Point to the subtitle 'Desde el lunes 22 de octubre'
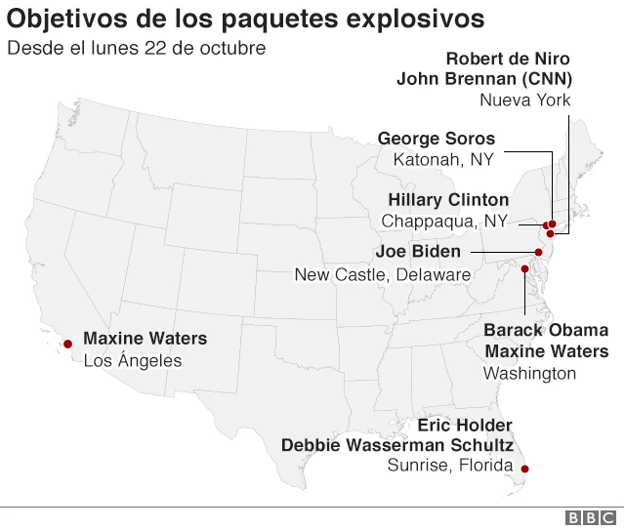click(136, 48)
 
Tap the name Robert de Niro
click(508, 59)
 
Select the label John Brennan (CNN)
click(484, 79)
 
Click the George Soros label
click(437, 139)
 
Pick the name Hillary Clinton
click(448, 199)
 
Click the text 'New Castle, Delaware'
click(383, 274)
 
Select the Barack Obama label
click(546, 330)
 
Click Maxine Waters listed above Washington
click(547, 351)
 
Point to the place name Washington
click(530, 373)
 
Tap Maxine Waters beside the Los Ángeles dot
click(145, 339)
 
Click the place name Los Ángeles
click(133, 360)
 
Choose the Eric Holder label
click(464, 426)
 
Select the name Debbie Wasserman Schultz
click(397, 445)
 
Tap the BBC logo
click(592, 518)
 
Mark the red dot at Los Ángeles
click(68, 344)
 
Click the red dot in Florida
click(524, 469)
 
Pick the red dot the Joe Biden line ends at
click(538, 252)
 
